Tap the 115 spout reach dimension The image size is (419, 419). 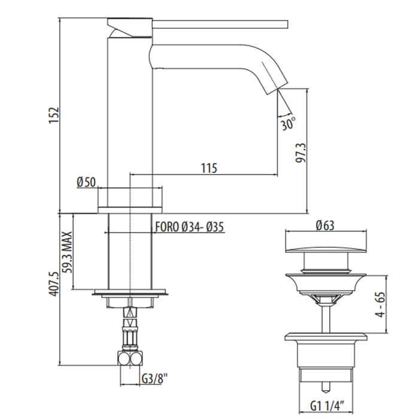(x=208, y=168)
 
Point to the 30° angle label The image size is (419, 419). (x=288, y=125)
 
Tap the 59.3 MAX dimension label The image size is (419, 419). (x=66, y=251)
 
